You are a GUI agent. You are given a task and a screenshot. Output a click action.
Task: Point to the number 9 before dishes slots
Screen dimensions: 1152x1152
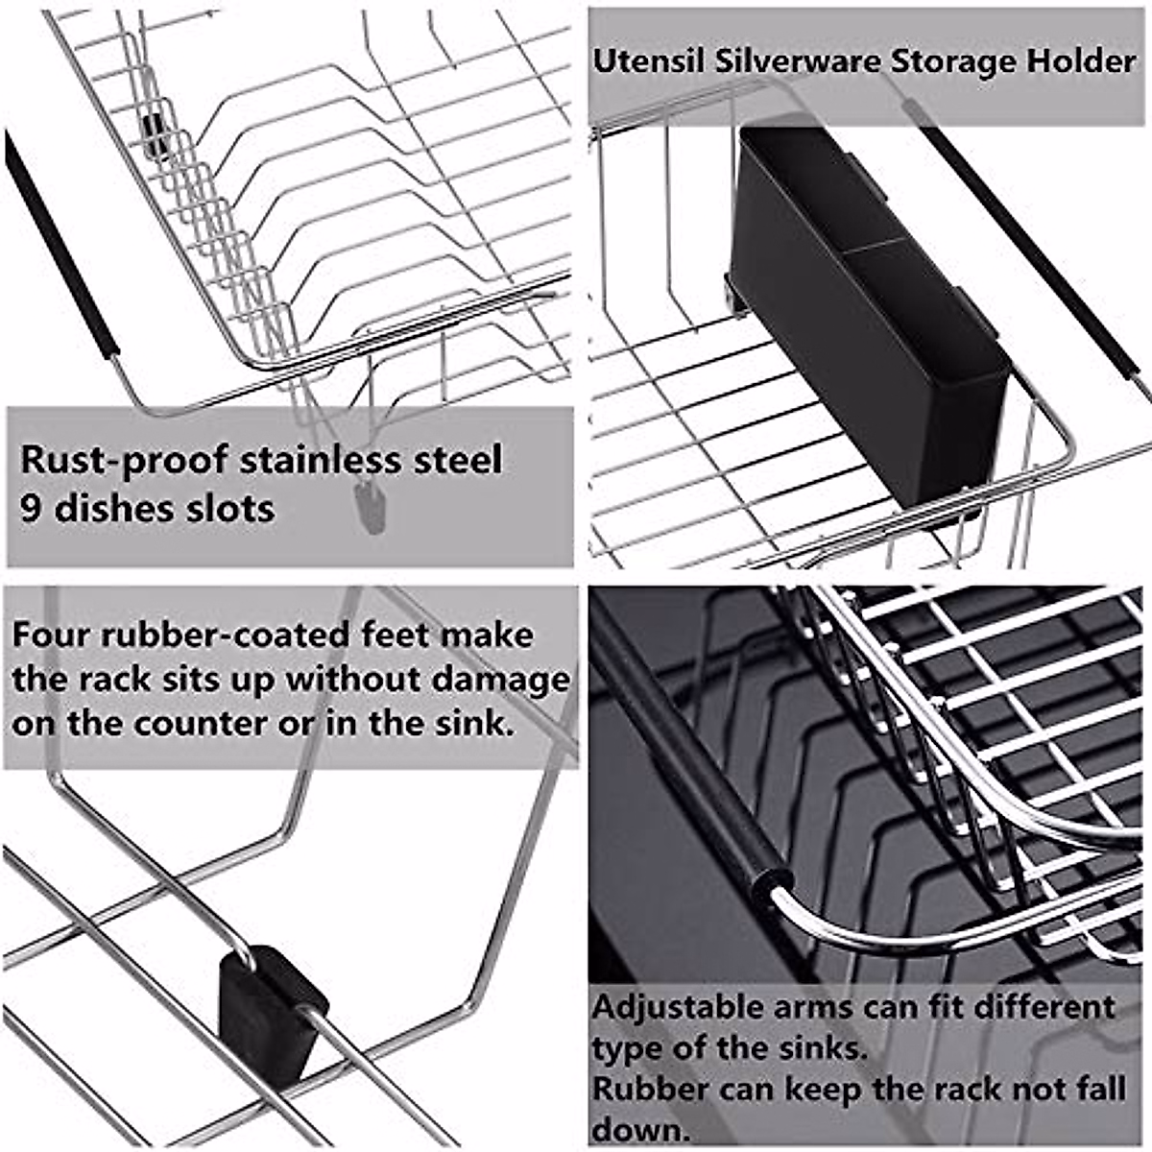coord(31,508)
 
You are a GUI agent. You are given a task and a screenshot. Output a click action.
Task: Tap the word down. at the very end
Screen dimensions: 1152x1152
coord(640,1129)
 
